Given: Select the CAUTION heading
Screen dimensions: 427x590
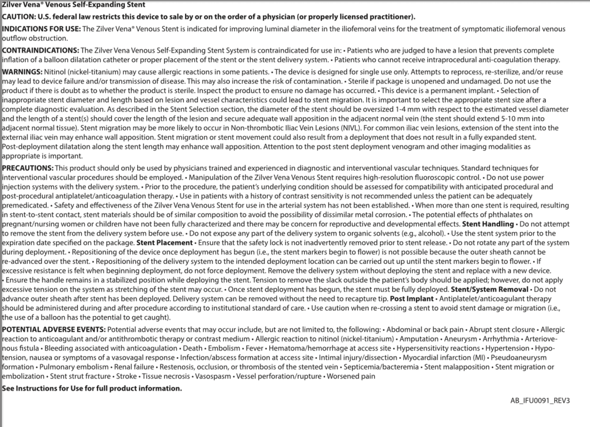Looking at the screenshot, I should [x=21, y=17].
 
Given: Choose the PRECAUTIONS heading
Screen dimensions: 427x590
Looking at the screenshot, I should [x=28, y=167].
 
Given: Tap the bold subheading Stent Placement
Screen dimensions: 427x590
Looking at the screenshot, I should [x=164, y=243].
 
